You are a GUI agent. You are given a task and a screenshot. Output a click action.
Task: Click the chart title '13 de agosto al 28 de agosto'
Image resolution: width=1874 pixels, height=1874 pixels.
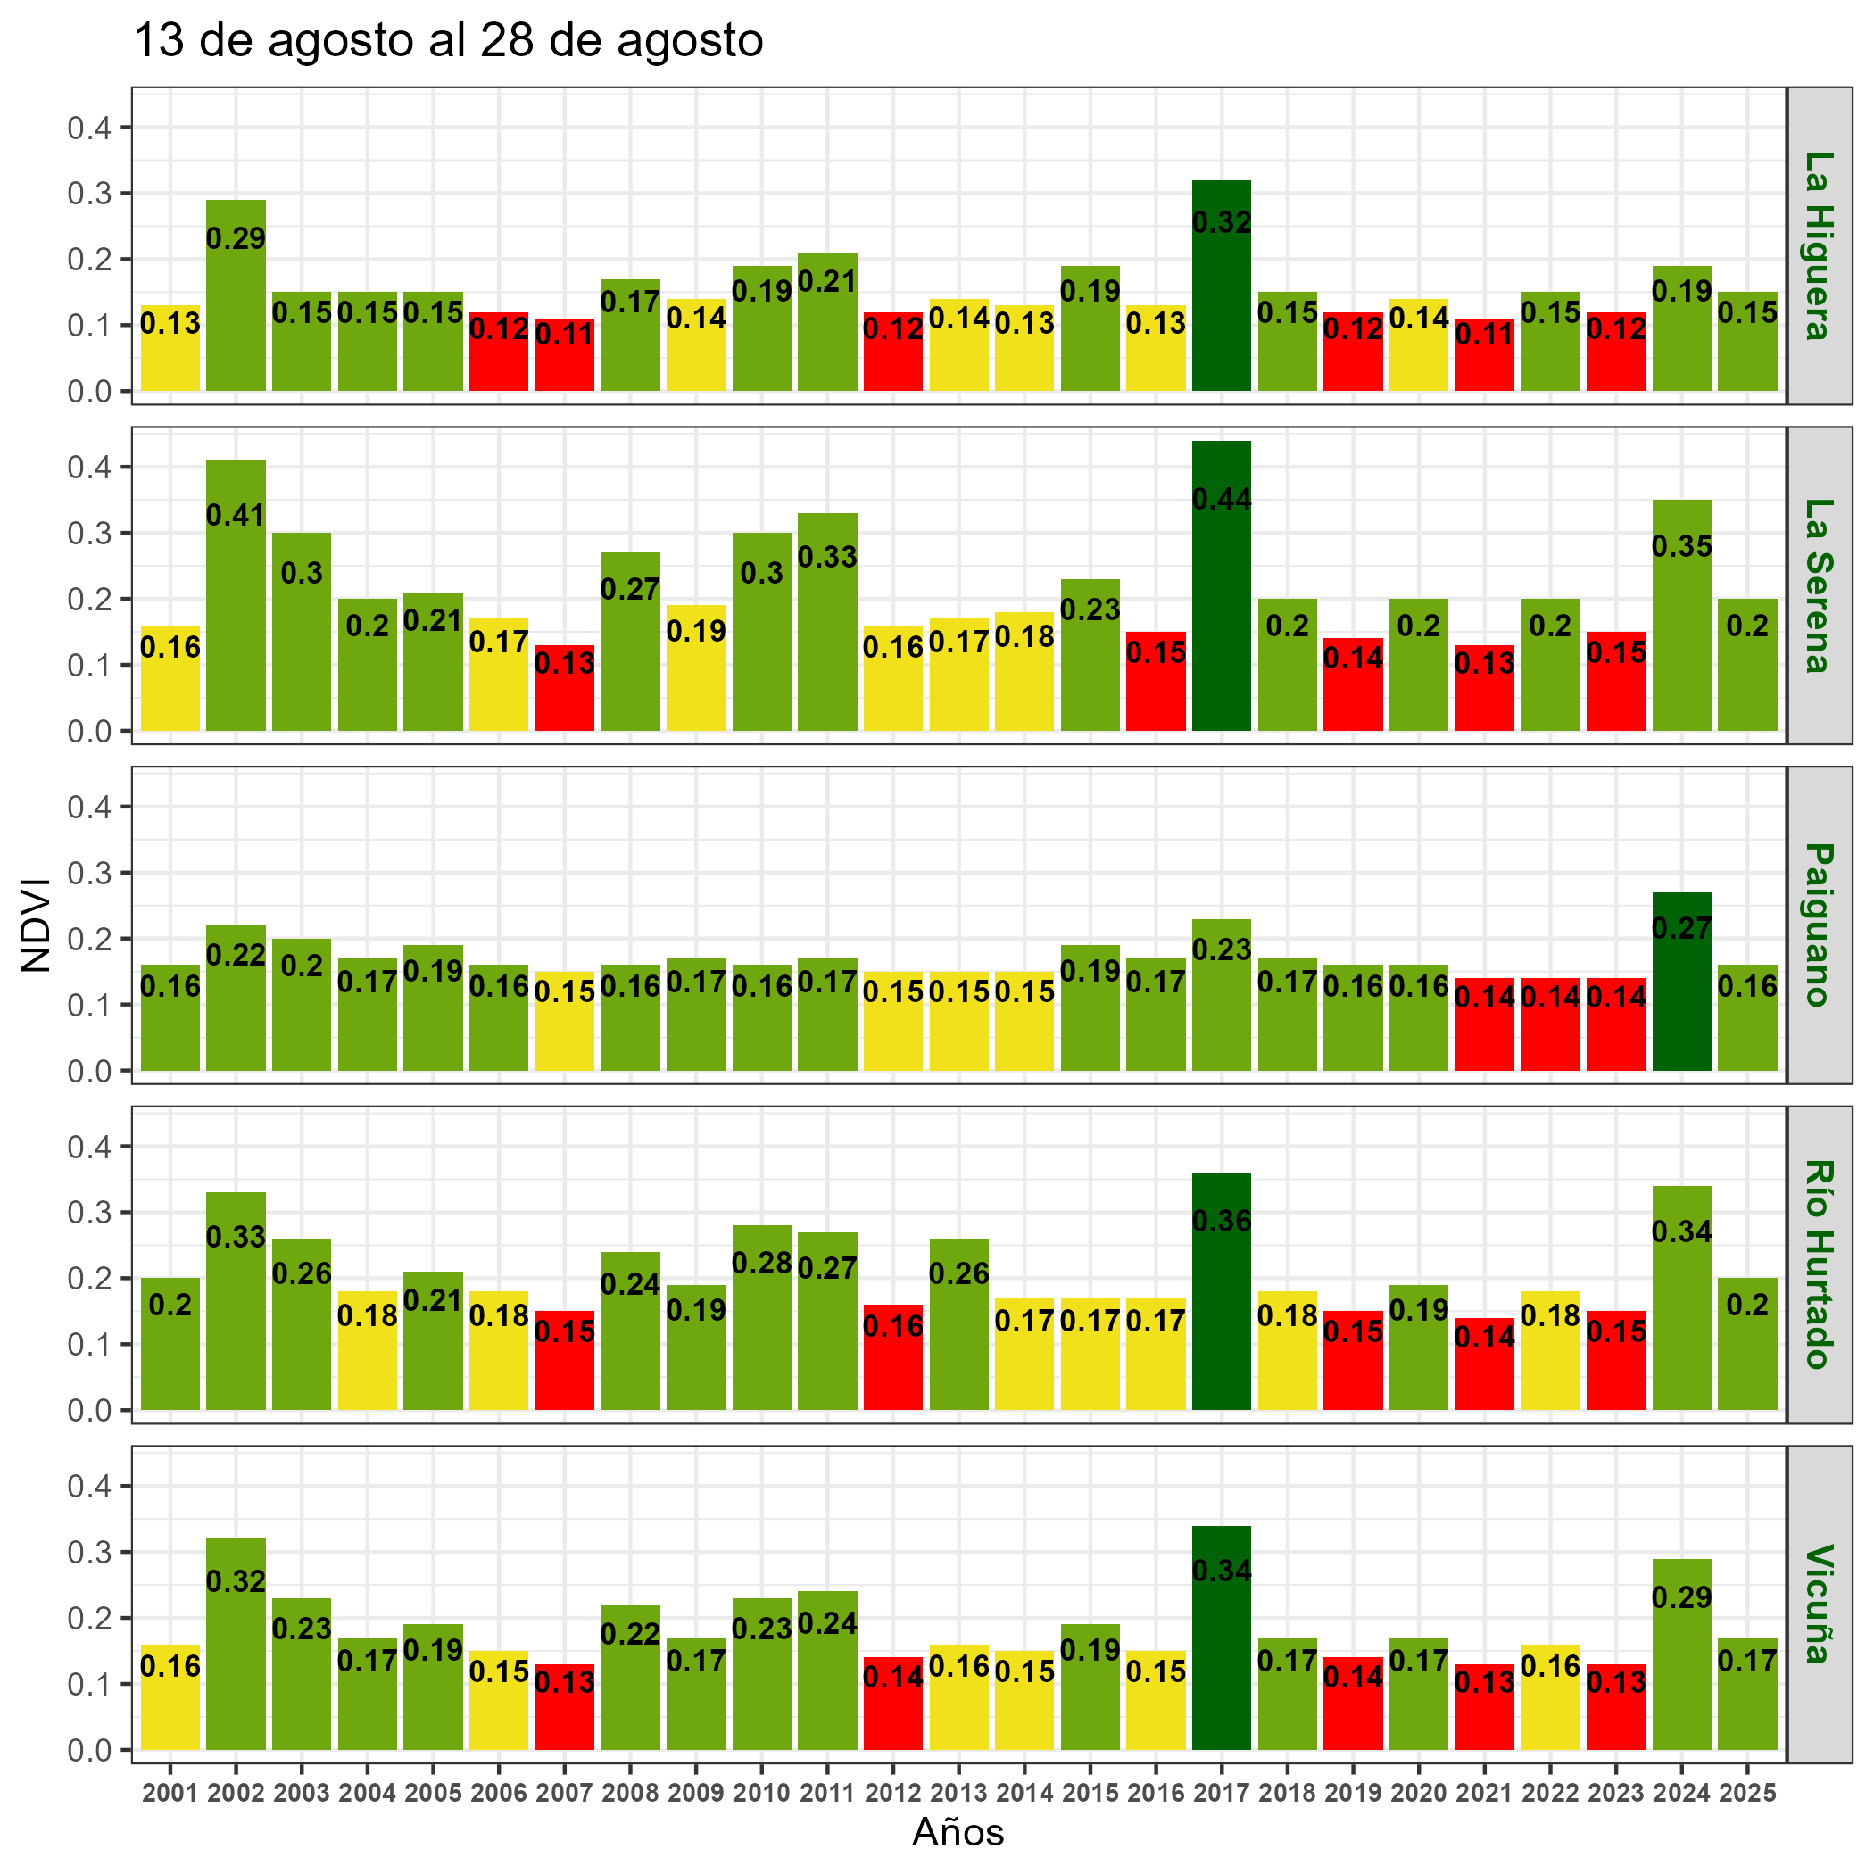pyautogui.click(x=447, y=42)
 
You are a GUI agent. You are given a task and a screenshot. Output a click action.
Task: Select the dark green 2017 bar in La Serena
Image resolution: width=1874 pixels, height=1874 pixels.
pyautogui.click(x=1221, y=601)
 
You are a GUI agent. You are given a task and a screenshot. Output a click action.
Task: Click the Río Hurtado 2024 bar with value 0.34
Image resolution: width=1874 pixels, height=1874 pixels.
pyautogui.click(x=1681, y=1309)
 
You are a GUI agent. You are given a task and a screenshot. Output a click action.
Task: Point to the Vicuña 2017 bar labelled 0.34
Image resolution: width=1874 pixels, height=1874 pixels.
pyautogui.click(x=1221, y=1649)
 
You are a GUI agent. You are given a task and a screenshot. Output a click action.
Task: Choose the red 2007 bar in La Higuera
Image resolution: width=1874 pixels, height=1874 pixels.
pyautogui.click(x=564, y=359)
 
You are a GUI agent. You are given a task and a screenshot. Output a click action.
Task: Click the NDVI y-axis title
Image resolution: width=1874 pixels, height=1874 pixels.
pyautogui.click(x=36, y=925)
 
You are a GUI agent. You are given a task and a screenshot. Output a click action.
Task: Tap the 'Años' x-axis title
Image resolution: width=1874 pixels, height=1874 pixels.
pyautogui.click(x=958, y=1832)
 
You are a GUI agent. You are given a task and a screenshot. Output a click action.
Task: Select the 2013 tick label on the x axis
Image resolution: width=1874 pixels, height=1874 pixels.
pyautogui.click(x=958, y=1794)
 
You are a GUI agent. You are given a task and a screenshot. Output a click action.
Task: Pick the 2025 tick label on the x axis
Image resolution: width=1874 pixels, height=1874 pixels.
pyautogui.click(x=1747, y=1794)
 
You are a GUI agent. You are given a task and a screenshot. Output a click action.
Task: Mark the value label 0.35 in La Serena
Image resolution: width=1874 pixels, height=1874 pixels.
pyautogui.click(x=1681, y=547)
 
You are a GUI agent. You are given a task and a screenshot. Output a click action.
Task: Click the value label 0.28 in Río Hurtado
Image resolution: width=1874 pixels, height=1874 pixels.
pyautogui.click(x=761, y=1263)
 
